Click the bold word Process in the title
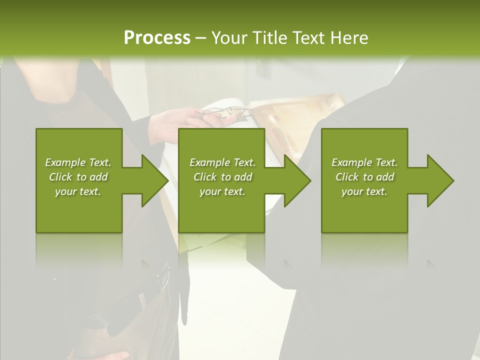tap(157, 38)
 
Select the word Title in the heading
tap(268, 38)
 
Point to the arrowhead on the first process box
tap(152, 180)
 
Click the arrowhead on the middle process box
tap(295, 180)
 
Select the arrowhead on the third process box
tap(438, 180)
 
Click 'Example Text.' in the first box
tap(78, 162)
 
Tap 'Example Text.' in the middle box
tap(222, 162)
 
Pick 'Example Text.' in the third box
tap(364, 162)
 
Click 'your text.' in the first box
tap(78, 191)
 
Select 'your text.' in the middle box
tap(222, 191)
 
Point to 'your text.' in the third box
tap(364, 191)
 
